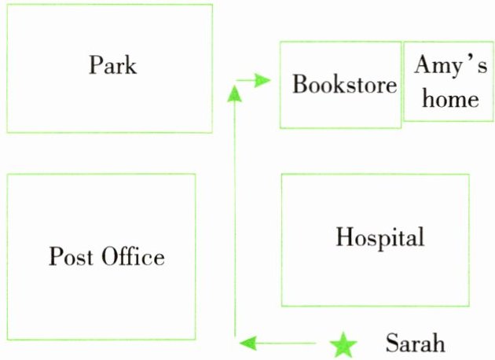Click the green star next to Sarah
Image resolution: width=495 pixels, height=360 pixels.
click(343, 345)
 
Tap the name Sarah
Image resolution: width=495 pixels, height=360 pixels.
click(416, 343)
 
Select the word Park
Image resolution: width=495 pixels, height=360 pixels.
click(112, 64)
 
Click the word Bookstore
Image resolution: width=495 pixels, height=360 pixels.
click(344, 84)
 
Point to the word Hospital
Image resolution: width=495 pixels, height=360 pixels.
click(380, 237)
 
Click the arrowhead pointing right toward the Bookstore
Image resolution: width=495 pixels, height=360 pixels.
click(264, 79)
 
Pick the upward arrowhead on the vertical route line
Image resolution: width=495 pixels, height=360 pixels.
click(233, 93)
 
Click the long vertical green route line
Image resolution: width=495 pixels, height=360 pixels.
click(234, 220)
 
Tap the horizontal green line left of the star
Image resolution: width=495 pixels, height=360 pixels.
click(287, 343)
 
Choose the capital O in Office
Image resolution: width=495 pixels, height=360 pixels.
click(109, 257)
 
